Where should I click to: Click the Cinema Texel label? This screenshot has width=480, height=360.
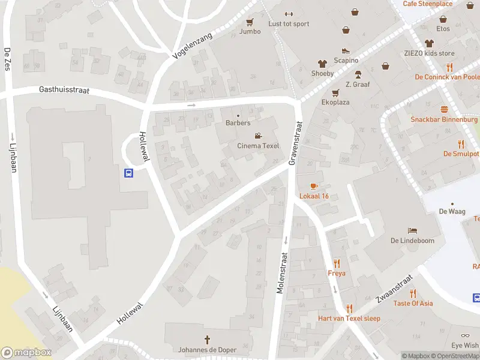pyautogui.click(x=258, y=146)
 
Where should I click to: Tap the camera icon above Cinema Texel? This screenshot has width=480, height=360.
pyautogui.click(x=258, y=136)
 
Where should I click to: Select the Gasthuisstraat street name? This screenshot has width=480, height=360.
pyautogui.click(x=64, y=89)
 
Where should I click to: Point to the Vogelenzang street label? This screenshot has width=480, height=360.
pyautogui.click(x=193, y=46)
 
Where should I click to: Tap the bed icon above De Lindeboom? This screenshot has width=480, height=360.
pyautogui.click(x=412, y=230)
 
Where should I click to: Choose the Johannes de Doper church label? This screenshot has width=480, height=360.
pyautogui.click(x=208, y=350)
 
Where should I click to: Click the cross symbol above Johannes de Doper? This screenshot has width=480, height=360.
pyautogui.click(x=208, y=340)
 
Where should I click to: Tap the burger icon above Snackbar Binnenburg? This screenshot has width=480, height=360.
pyautogui.click(x=444, y=109)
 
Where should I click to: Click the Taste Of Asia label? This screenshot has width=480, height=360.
pyautogui.click(x=413, y=303)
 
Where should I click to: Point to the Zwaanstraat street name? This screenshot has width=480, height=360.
pyautogui.click(x=394, y=289)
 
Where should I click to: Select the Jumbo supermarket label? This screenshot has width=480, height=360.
pyautogui.click(x=250, y=31)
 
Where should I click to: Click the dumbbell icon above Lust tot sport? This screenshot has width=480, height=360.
pyautogui.click(x=289, y=14)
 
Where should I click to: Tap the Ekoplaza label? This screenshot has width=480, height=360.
pyautogui.click(x=335, y=102)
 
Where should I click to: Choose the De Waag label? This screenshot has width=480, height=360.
pyautogui.click(x=452, y=211)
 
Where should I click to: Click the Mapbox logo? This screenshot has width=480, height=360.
pyautogui.click(x=26, y=353)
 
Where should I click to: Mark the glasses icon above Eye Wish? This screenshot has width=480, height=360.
pyautogui.click(x=466, y=336)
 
